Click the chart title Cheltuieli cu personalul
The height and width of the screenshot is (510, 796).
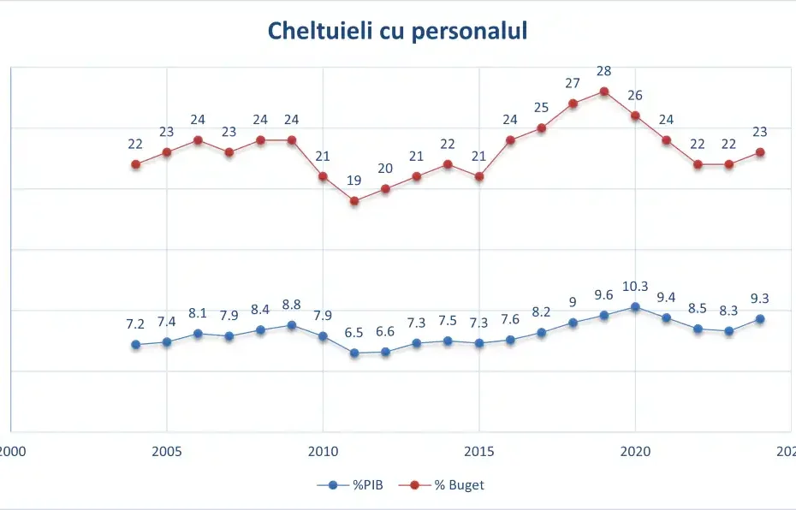click(397, 31)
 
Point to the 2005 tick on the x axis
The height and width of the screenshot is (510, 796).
click(167, 451)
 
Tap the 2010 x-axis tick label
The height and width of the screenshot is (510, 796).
click(323, 451)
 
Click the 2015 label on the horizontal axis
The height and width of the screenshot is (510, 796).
click(478, 451)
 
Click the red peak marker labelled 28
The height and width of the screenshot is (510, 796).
click(603, 92)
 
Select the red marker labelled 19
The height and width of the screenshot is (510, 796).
click(354, 201)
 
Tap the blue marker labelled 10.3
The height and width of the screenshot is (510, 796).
click(635, 306)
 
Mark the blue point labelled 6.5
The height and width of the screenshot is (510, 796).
click(354, 353)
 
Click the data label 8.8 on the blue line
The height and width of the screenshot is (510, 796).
click(292, 305)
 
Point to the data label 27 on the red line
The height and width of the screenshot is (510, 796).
click(573, 83)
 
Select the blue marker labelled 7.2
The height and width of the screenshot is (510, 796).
click(135, 345)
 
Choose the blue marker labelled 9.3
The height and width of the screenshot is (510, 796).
click(760, 319)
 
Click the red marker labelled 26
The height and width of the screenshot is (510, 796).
click(635, 116)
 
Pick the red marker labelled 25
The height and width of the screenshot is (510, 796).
click(541, 128)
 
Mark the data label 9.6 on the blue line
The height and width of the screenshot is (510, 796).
click(603, 295)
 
